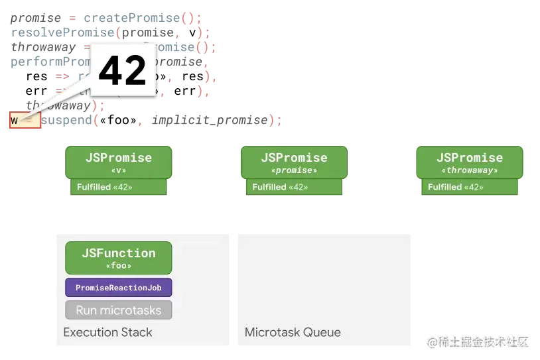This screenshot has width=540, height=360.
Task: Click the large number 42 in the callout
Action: coord(122,70)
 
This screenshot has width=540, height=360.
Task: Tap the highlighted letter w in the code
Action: coord(14,121)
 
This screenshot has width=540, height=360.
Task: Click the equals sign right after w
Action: coord(29,121)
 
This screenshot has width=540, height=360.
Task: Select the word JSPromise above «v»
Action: coord(119,158)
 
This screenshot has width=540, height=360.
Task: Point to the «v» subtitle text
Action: coord(119,170)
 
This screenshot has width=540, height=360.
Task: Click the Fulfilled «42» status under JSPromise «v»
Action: coord(105,187)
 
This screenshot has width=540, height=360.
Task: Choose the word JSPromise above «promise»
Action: coord(294,158)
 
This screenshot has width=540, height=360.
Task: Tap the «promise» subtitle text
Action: coord(294,170)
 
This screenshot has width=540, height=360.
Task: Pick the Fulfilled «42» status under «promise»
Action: coord(280,187)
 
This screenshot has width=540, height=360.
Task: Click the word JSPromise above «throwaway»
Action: coord(470,158)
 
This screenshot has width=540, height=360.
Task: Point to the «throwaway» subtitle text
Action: coord(470,170)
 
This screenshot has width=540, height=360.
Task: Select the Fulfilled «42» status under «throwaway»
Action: coord(456,187)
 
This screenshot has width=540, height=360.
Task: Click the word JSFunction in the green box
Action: coord(119,253)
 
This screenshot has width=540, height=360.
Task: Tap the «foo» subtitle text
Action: coord(119,265)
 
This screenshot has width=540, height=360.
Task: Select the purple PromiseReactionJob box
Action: coord(119,288)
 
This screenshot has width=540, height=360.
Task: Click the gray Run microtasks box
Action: coord(119,310)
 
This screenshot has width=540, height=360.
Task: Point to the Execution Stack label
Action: coord(107,332)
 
